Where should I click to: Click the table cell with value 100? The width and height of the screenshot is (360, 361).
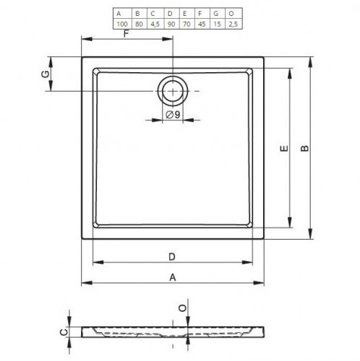[122, 24]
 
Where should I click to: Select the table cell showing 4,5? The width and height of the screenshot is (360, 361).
[155, 24]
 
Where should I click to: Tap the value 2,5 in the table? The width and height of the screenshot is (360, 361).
[233, 24]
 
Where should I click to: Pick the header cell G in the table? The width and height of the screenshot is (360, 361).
[216, 14]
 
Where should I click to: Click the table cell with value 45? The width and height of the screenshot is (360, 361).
[202, 24]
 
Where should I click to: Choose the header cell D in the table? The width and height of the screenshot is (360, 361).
[170, 14]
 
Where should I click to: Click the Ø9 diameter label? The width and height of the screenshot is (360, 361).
[173, 115]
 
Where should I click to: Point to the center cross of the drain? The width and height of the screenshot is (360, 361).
[173, 91]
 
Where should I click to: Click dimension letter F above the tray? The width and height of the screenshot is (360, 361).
[127, 34]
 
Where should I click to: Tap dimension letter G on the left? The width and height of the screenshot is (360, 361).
[46, 74]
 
